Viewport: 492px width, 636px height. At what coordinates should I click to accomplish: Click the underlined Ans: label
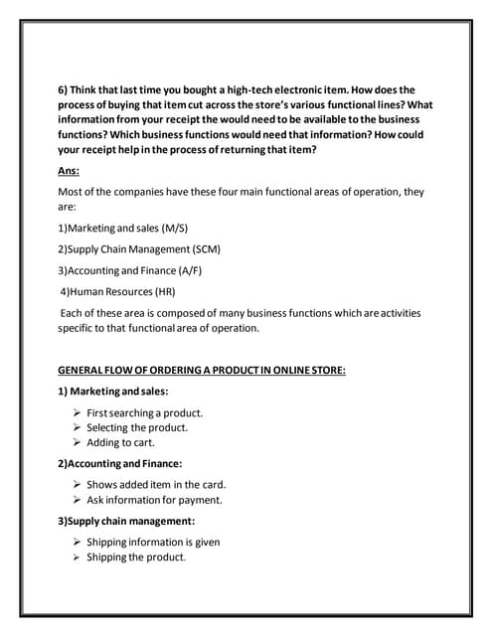(x=69, y=171)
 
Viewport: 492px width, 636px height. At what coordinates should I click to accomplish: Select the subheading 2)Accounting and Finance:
(x=119, y=463)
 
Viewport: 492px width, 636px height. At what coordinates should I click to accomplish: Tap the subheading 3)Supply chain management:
(x=125, y=521)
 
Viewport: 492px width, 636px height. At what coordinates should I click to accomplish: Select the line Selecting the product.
(x=137, y=427)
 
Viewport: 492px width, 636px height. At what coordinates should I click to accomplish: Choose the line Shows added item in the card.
(x=156, y=485)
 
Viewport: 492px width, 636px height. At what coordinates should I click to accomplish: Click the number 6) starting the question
(x=64, y=88)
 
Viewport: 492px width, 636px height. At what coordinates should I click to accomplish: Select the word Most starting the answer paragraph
(x=71, y=191)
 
